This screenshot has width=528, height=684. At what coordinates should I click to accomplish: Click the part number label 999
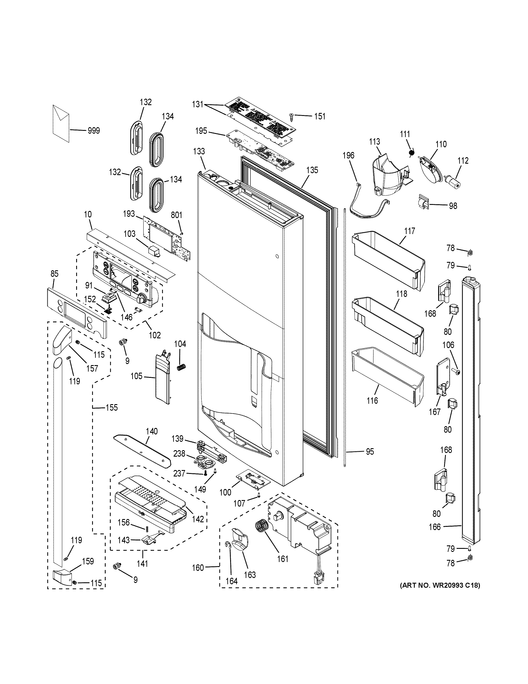click(x=94, y=131)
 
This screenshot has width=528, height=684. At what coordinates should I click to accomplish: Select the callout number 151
click(x=319, y=117)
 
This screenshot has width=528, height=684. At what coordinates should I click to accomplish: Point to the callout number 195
click(x=201, y=131)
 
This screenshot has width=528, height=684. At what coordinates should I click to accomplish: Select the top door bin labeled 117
click(x=388, y=261)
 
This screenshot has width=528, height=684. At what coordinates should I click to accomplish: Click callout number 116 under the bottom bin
click(x=372, y=400)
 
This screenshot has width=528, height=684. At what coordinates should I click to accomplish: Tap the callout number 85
click(x=54, y=274)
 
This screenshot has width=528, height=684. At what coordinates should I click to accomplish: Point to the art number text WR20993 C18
click(x=440, y=585)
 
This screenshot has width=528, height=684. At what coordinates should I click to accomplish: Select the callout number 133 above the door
click(x=199, y=152)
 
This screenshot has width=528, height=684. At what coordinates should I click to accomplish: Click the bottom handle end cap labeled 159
click(x=61, y=575)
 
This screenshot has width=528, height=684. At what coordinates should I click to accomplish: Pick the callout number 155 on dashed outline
click(x=112, y=407)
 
